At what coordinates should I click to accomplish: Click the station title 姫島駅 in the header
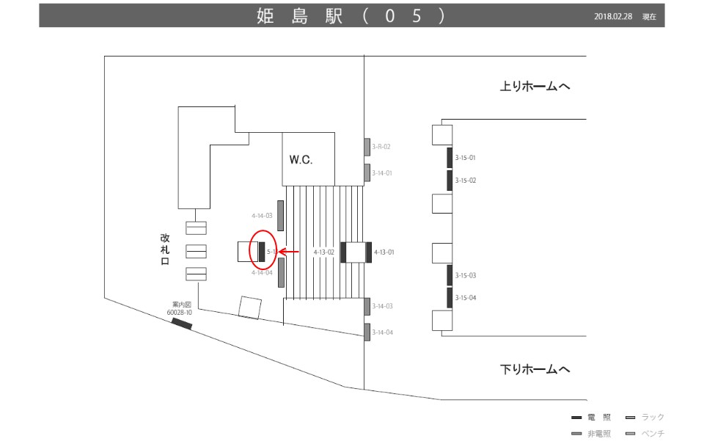pyautogui.click(x=301, y=16)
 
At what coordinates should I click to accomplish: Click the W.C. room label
pyautogui.click(x=301, y=159)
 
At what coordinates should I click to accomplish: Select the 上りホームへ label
pyautogui.click(x=535, y=87)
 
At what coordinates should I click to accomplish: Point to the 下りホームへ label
pyautogui.click(x=535, y=369)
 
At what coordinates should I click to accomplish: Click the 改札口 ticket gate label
pyautogui.click(x=165, y=250)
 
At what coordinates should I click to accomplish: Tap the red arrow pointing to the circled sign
pyautogui.click(x=288, y=252)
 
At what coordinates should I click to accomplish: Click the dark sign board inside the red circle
pyautogui.click(x=262, y=250)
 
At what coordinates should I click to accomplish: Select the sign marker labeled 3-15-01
pyautogui.click(x=450, y=157)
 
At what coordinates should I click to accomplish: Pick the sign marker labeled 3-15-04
pyautogui.click(x=450, y=297)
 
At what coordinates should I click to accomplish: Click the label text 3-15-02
pyautogui.click(x=466, y=181)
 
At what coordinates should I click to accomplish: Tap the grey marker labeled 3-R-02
pyautogui.click(x=367, y=147)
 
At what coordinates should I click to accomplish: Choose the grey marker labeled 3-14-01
pyautogui.click(x=367, y=173)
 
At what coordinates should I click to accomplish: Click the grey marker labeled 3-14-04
pyautogui.click(x=367, y=332)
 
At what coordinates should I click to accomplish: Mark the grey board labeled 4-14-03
pyautogui.click(x=280, y=215)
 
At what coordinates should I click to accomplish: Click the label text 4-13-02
pyautogui.click(x=323, y=252)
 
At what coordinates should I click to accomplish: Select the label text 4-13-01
pyautogui.click(x=384, y=252)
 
